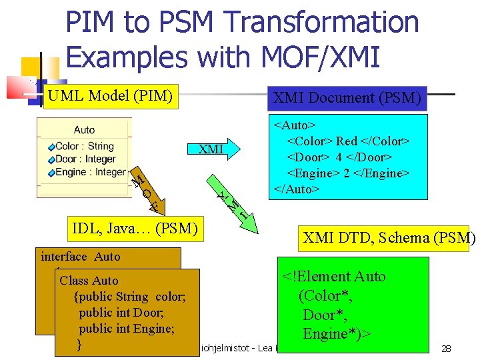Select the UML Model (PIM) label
pos(110,96)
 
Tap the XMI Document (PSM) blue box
pos(347,99)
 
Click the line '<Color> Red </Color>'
pos(348,141)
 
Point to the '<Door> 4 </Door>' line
pos(339,157)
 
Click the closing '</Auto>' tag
pos(297,189)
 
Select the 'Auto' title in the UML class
pos(84,130)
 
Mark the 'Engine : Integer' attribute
pos(90,172)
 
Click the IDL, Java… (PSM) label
pos(135,229)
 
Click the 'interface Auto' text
pos(81,257)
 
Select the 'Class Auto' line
pos(89,281)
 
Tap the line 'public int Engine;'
pos(127,328)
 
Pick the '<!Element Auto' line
pos(333,276)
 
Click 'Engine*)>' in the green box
pos(337,333)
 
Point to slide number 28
pos(447,349)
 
